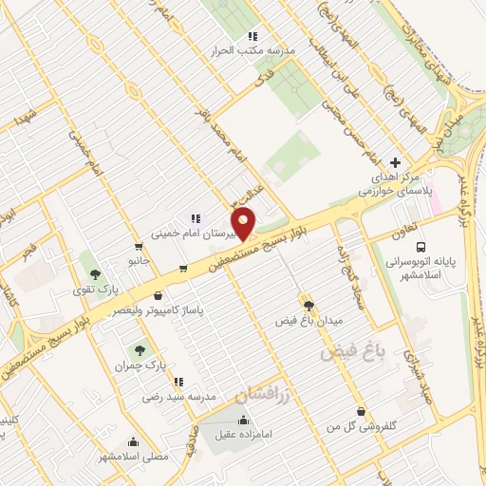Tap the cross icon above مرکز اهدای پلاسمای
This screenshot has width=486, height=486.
pos(396,161)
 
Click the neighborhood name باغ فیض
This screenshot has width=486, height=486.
pos(356,352)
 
